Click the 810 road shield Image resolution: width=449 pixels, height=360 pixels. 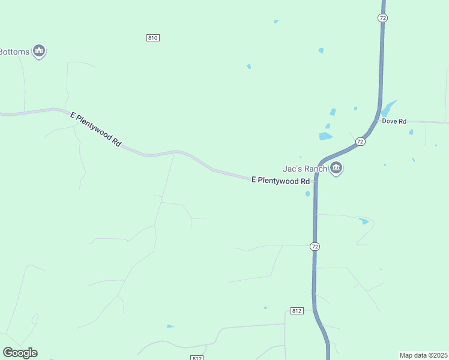pyautogui.click(x=152, y=38)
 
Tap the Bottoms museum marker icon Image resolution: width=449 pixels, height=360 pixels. pyautogui.click(x=40, y=51)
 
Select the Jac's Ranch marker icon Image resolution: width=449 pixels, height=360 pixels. pyautogui.click(x=336, y=169)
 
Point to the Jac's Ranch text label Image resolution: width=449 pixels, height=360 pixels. pyautogui.click(x=305, y=169)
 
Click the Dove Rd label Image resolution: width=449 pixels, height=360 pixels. pyautogui.click(x=394, y=121)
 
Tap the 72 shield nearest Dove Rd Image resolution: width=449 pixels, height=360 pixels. pyautogui.click(x=360, y=142)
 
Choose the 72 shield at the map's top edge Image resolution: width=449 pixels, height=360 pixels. pyautogui.click(x=383, y=18)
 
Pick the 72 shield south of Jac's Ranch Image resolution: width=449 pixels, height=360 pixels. pyautogui.click(x=315, y=247)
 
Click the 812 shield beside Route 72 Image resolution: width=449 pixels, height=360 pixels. pyautogui.click(x=296, y=311)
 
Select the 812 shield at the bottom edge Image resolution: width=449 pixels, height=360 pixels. pyautogui.click(x=197, y=358)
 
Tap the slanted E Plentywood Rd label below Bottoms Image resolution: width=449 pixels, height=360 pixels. pyautogui.click(x=96, y=130)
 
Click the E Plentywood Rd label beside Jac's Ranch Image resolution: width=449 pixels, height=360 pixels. pyautogui.click(x=280, y=180)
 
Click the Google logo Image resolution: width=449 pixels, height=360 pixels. pyautogui.click(x=20, y=353)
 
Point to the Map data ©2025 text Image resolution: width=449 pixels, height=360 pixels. pyautogui.click(x=423, y=355)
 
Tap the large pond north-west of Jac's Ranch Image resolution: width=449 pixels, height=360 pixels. pyautogui.click(x=325, y=136)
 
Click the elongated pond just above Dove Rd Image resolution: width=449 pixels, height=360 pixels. pyautogui.click(x=388, y=108)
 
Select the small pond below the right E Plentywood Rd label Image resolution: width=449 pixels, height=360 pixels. pyautogui.click(x=307, y=194)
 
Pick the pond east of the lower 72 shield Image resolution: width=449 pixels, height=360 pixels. pyautogui.click(x=364, y=221)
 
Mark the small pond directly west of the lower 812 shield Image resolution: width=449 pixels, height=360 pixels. pyautogui.click(x=170, y=326)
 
